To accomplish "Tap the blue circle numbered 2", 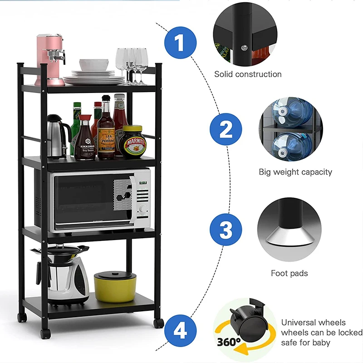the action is point(226,130).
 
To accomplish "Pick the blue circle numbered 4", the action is point(180,330).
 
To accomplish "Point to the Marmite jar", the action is point(132,142).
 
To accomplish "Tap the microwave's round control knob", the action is point(143,209).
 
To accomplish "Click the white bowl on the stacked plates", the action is point(94,64).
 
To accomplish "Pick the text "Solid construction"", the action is point(248,74).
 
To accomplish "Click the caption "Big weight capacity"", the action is point(295,172).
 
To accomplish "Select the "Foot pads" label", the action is point(289,273).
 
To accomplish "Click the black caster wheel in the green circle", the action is point(245,320).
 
